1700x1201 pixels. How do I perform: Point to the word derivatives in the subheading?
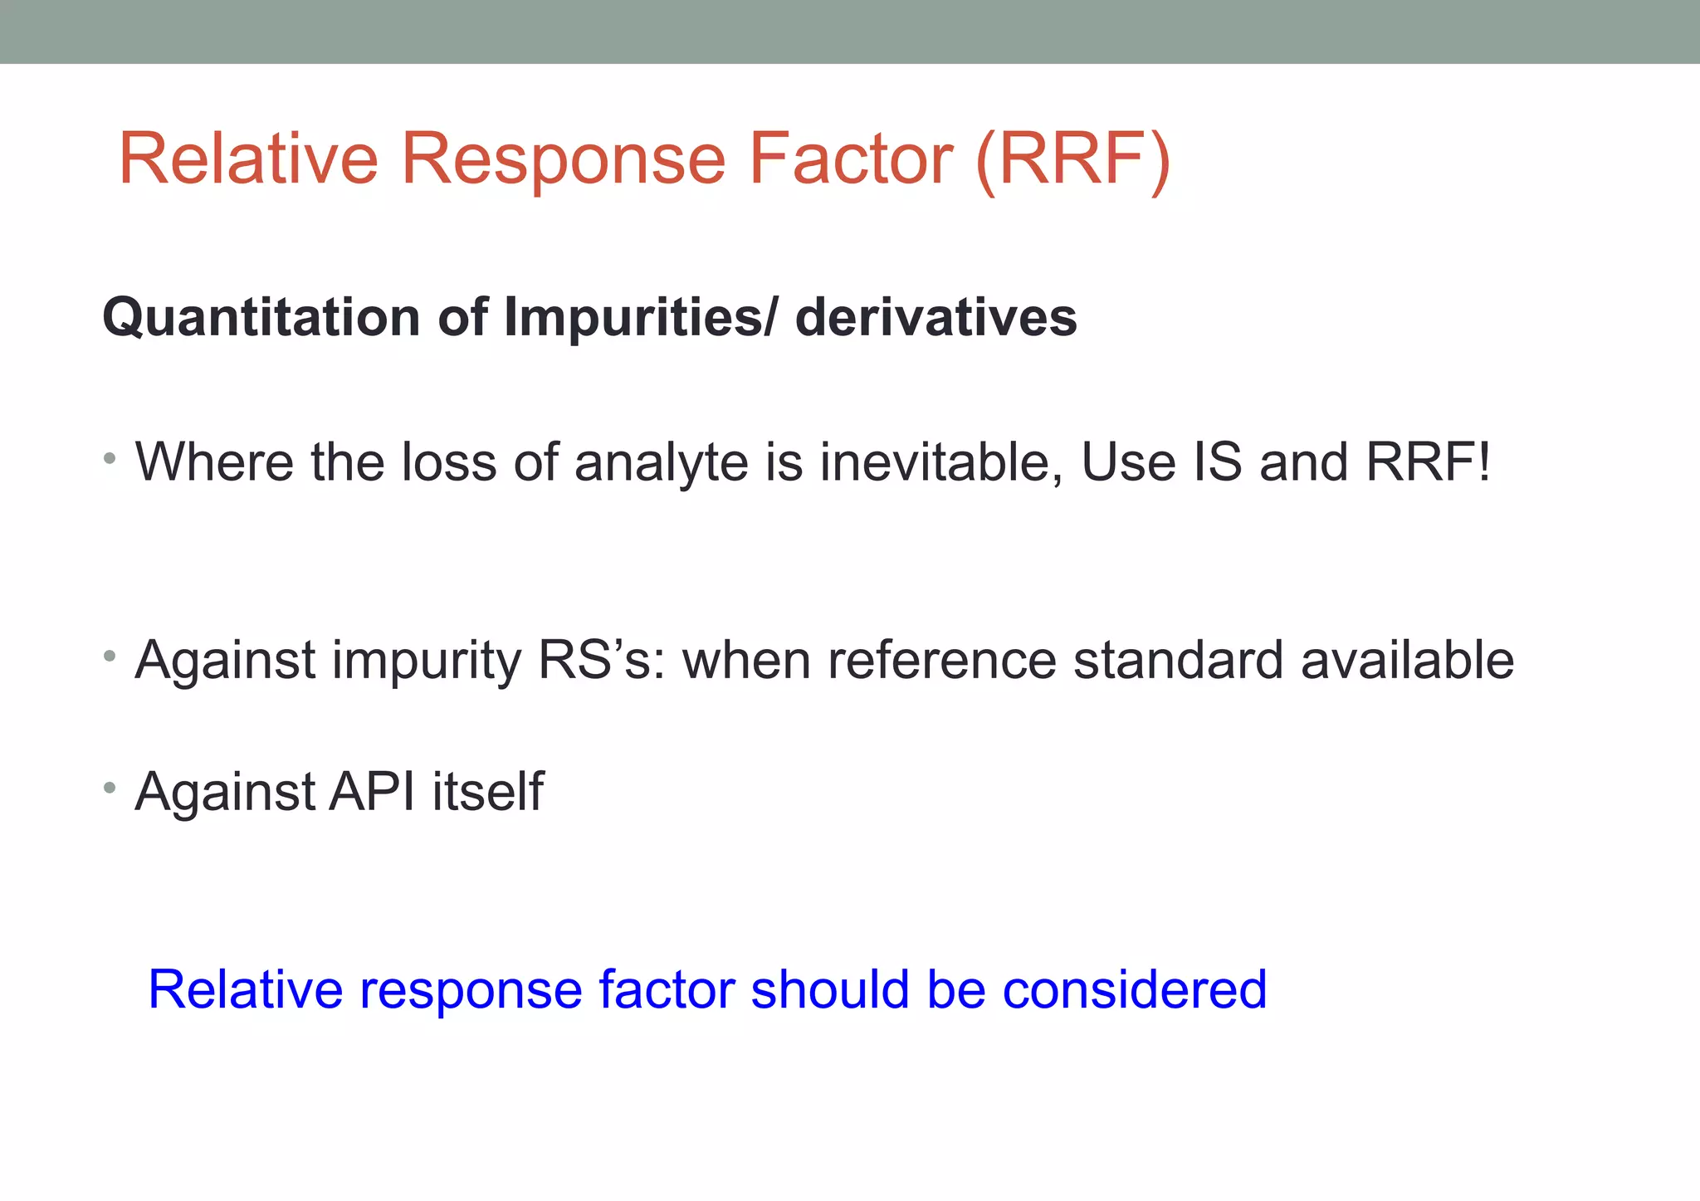point(935,317)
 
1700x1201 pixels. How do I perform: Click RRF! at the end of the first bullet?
point(1428,461)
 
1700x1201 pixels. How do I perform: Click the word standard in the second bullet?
point(1178,660)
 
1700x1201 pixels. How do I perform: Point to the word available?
point(1407,660)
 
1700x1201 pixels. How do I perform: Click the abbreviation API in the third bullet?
point(372,791)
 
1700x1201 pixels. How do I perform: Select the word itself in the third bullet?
point(488,791)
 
